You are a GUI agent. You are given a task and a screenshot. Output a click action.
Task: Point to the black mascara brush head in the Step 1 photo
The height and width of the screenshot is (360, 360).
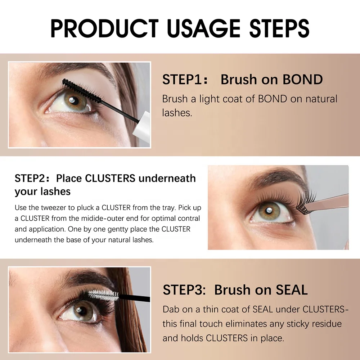coord(81,90)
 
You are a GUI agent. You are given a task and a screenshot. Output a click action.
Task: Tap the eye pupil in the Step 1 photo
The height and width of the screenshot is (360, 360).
coord(75,100)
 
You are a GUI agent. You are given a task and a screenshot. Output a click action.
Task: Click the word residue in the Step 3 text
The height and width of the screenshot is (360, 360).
coord(324,324)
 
